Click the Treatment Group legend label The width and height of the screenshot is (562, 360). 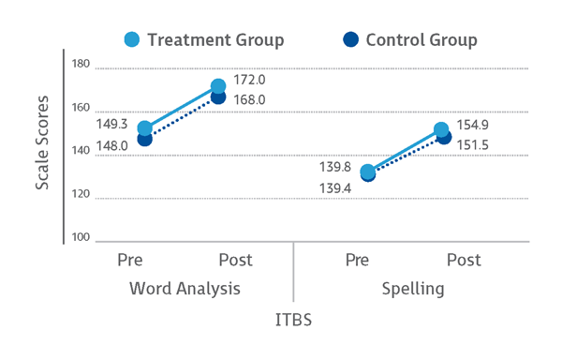[x=215, y=40]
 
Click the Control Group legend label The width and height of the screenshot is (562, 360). [x=421, y=40]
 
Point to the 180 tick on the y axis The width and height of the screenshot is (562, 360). [x=80, y=65]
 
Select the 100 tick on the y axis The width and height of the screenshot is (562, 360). [x=80, y=237]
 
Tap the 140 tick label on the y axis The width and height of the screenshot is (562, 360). [x=80, y=151]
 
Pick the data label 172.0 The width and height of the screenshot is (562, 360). [x=249, y=81]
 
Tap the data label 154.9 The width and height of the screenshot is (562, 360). [x=474, y=126]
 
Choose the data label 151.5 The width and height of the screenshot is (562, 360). [x=474, y=144]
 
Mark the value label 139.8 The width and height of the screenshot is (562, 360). [x=335, y=166]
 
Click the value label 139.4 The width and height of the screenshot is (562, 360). [x=335, y=189]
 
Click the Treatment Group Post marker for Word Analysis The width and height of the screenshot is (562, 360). [x=218, y=86]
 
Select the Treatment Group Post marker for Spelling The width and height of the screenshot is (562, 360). [x=442, y=130]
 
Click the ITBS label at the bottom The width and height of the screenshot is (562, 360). [x=293, y=320]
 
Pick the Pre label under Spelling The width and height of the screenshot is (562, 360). [x=356, y=260]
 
